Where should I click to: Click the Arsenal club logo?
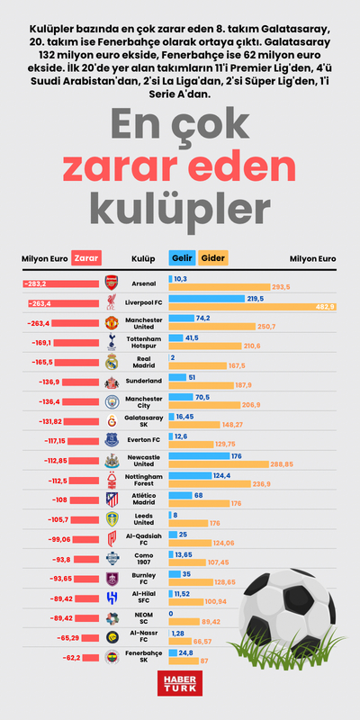point(112,283)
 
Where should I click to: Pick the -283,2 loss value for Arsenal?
point(37,283)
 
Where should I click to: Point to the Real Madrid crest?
point(112,362)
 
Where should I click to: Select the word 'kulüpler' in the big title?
point(180,206)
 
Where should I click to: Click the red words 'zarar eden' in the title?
point(180,166)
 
